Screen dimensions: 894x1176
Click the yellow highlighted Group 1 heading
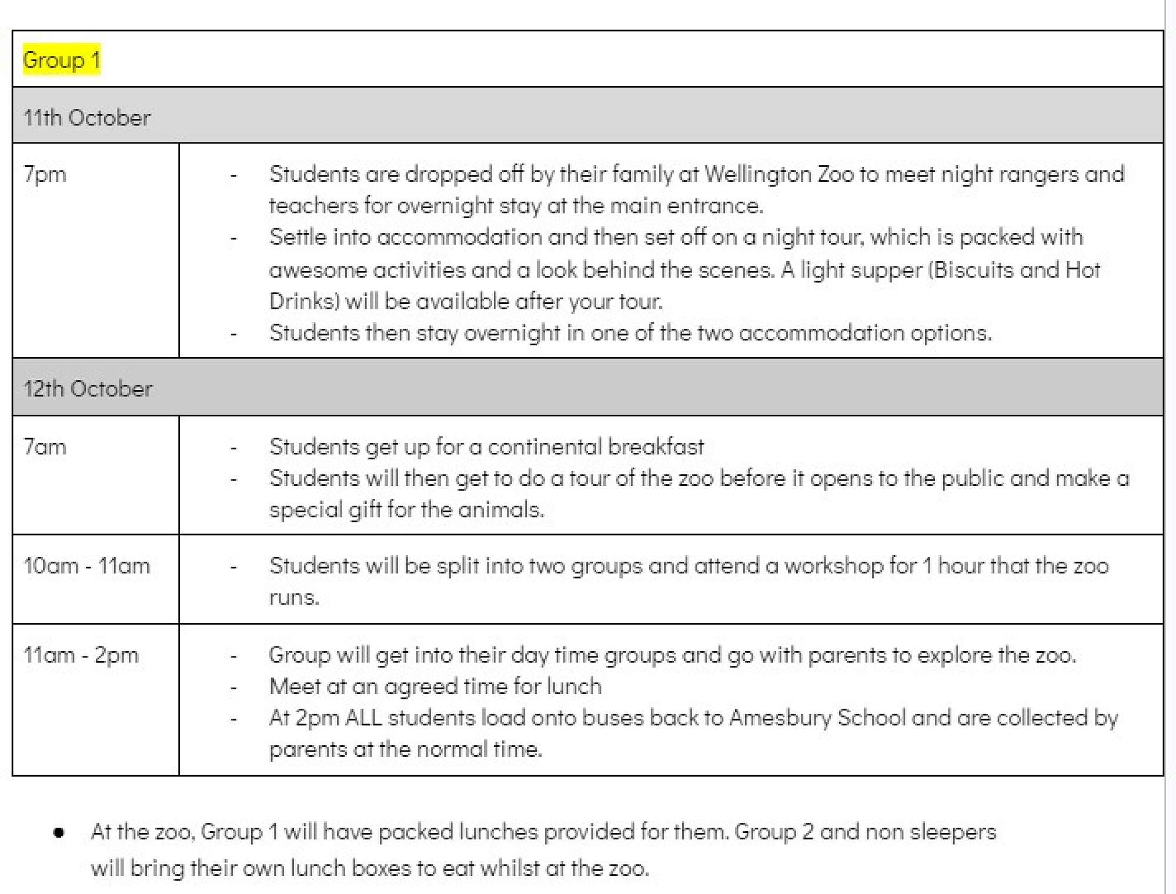(61, 60)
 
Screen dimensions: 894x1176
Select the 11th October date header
(87, 118)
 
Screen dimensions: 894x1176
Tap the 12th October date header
(88, 389)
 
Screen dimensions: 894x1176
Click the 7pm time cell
(45, 174)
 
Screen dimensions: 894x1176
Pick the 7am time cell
(45, 447)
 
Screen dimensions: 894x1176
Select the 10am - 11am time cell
(87, 566)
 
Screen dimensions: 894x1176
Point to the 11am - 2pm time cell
(81, 655)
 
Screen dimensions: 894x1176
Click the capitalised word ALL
(363, 718)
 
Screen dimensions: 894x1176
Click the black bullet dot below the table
(59, 833)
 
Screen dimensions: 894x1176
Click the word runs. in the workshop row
(294, 598)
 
